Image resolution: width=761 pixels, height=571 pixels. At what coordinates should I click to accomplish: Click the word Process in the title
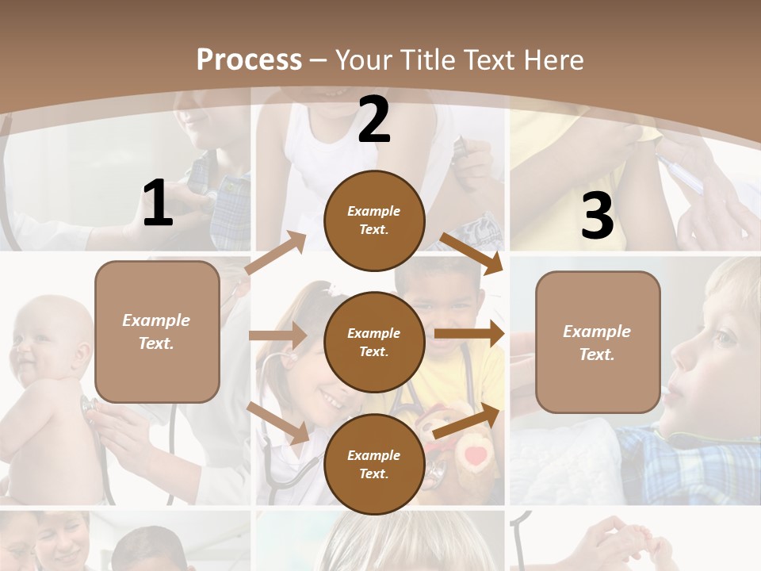pyautogui.click(x=249, y=59)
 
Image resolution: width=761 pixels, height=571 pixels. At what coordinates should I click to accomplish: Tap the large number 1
pyautogui.click(x=158, y=204)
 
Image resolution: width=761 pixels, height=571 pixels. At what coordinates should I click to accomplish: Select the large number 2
pyautogui.click(x=374, y=120)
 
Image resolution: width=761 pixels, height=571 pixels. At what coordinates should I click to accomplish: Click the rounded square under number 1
pyautogui.click(x=157, y=331)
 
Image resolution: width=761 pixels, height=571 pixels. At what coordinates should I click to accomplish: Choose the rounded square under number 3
pyautogui.click(x=598, y=342)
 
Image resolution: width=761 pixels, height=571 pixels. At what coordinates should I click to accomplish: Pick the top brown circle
pyautogui.click(x=374, y=220)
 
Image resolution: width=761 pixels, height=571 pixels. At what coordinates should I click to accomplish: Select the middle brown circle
pyautogui.click(x=374, y=342)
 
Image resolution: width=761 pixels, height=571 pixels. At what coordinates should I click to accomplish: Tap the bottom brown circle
pyautogui.click(x=374, y=464)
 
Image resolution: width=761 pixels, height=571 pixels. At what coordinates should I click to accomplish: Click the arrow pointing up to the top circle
pyautogui.click(x=277, y=253)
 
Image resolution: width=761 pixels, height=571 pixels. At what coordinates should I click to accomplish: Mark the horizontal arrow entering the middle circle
pyautogui.click(x=277, y=335)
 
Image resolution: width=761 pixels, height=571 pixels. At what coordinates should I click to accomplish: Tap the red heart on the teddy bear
pyautogui.click(x=475, y=456)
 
